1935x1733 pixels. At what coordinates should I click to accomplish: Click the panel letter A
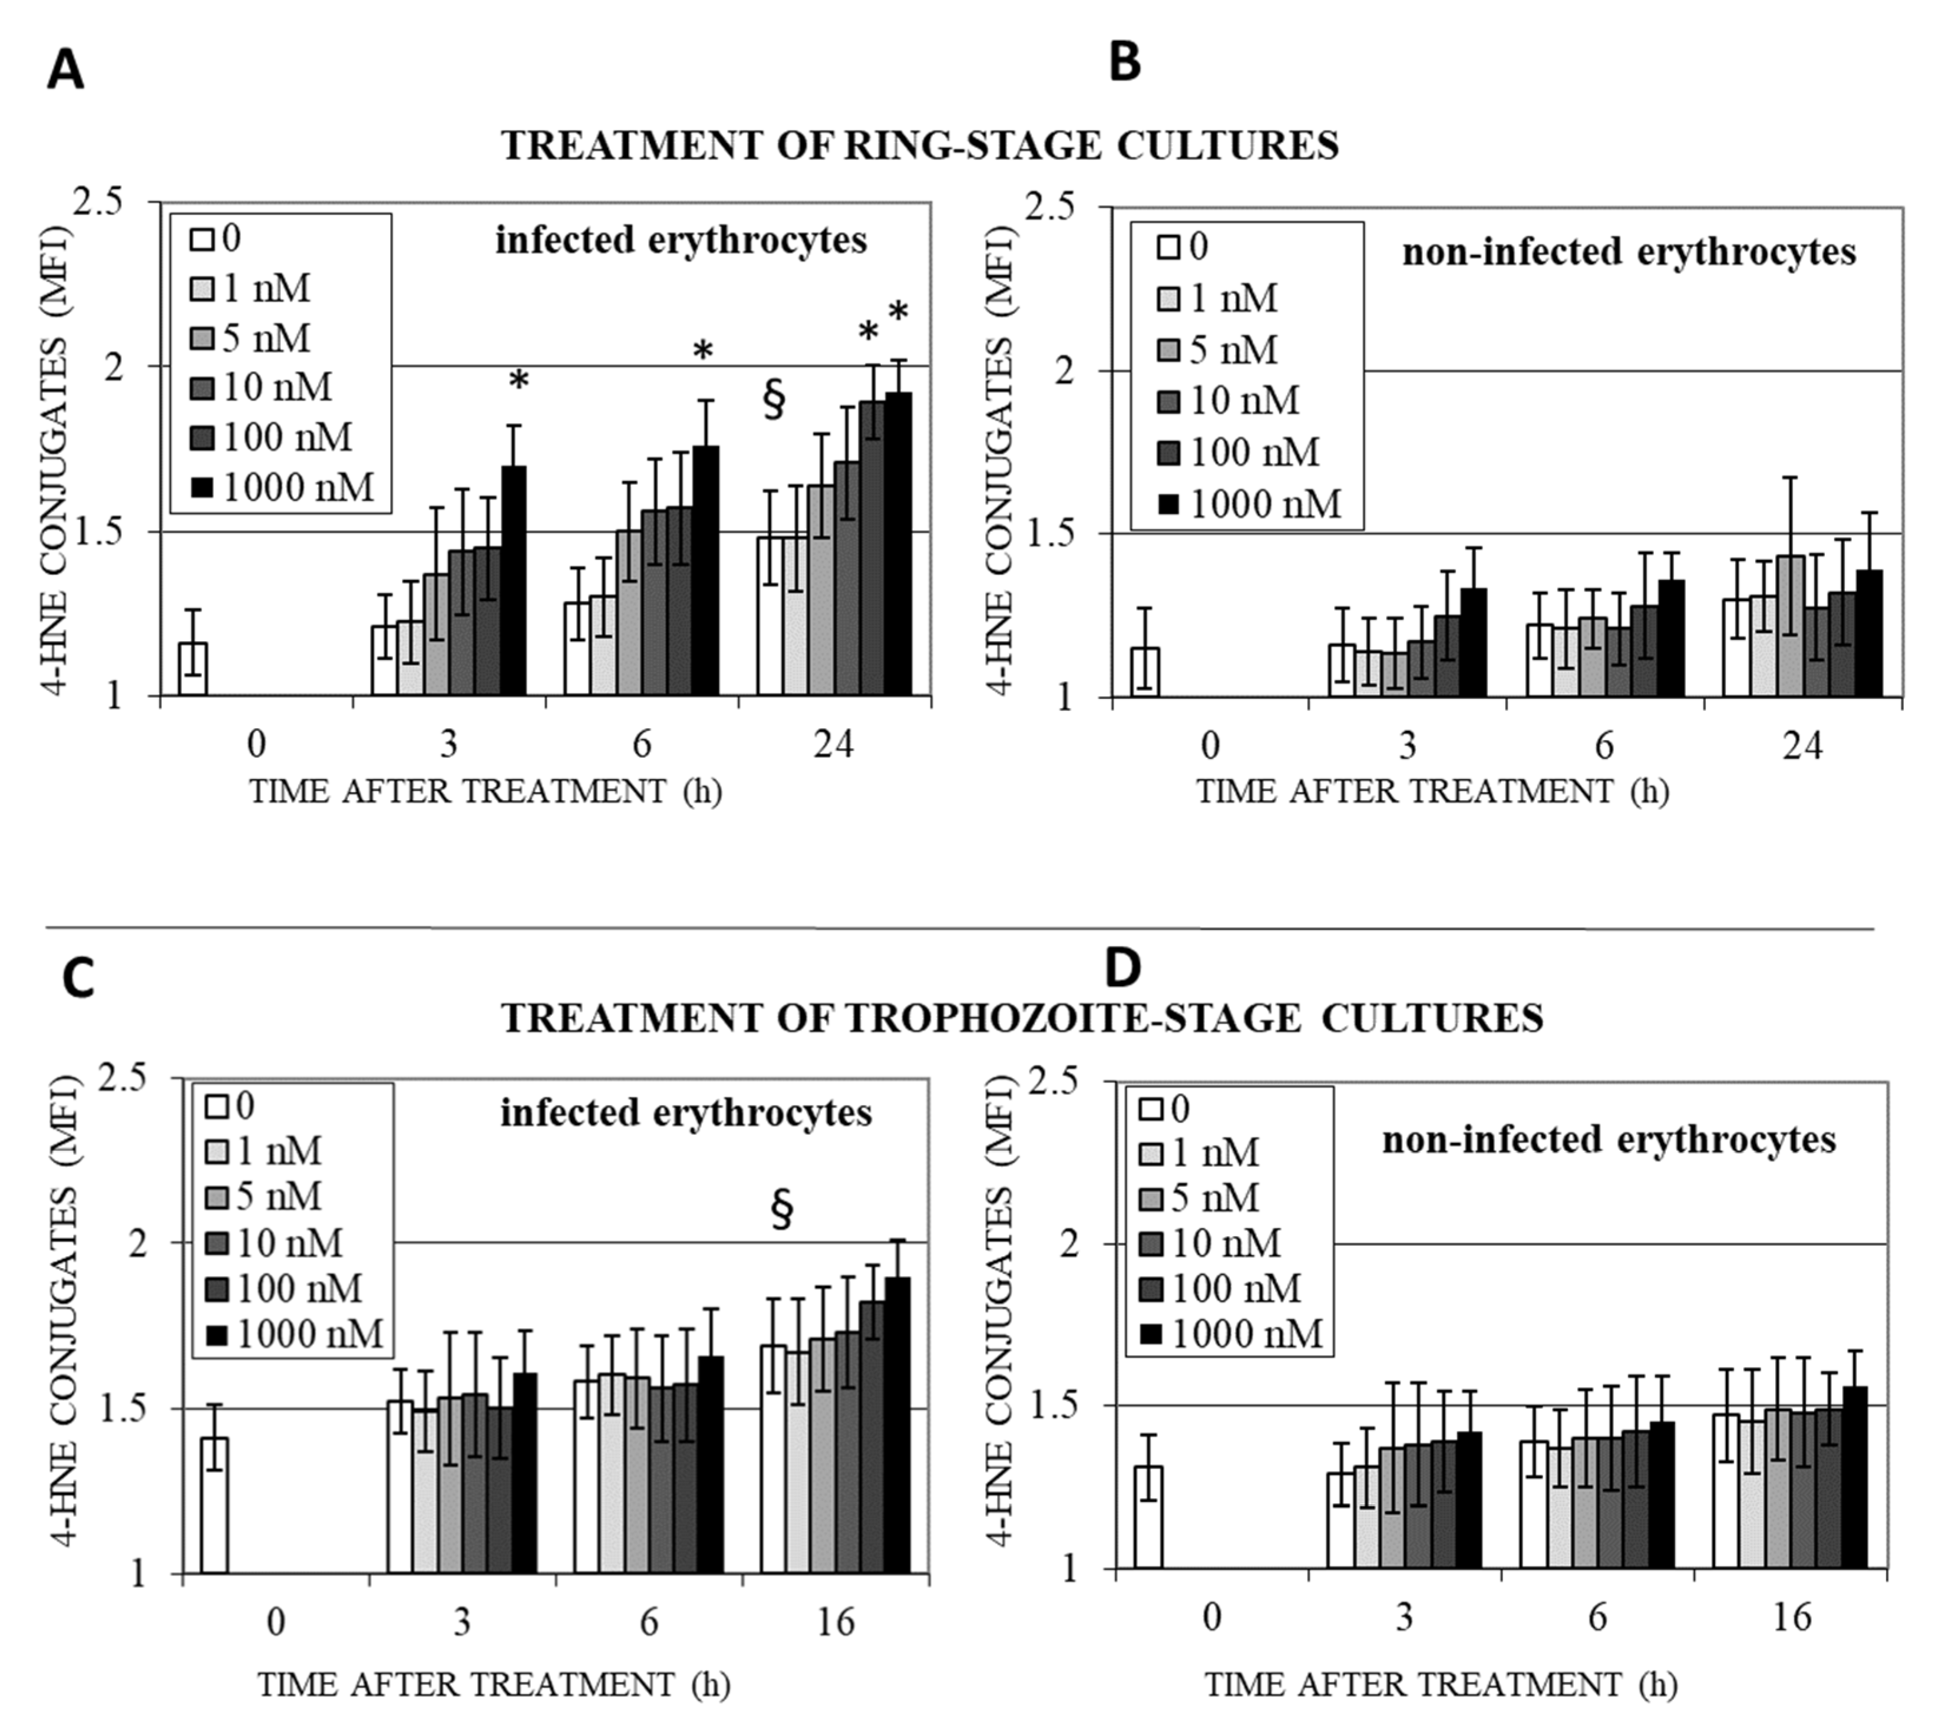(65, 71)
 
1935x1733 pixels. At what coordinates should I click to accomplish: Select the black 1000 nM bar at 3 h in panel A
(514, 581)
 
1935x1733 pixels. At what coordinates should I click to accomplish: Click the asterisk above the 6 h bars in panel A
(703, 352)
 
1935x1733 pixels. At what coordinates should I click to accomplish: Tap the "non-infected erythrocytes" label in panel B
(1629, 252)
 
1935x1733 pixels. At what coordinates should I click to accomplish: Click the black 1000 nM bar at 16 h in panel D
(1854, 1478)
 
